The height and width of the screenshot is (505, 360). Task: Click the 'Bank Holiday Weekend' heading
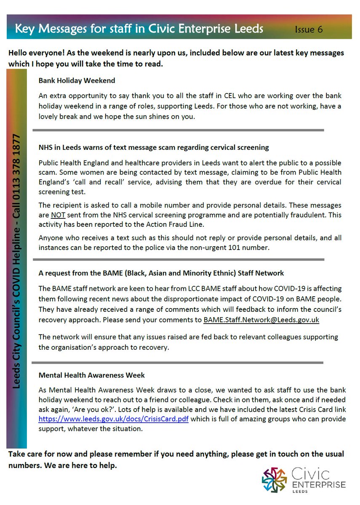pos(77,80)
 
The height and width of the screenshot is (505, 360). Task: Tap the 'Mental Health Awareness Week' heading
pos(91,375)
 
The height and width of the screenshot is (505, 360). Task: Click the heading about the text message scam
pos(154,148)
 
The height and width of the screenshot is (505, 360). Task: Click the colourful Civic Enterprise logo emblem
pos(275,480)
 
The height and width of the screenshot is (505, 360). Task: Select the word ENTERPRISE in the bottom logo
pos(319,485)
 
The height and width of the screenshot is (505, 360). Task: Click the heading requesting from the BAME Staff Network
pos(161,273)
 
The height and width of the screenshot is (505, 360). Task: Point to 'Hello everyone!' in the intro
pos(35,53)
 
